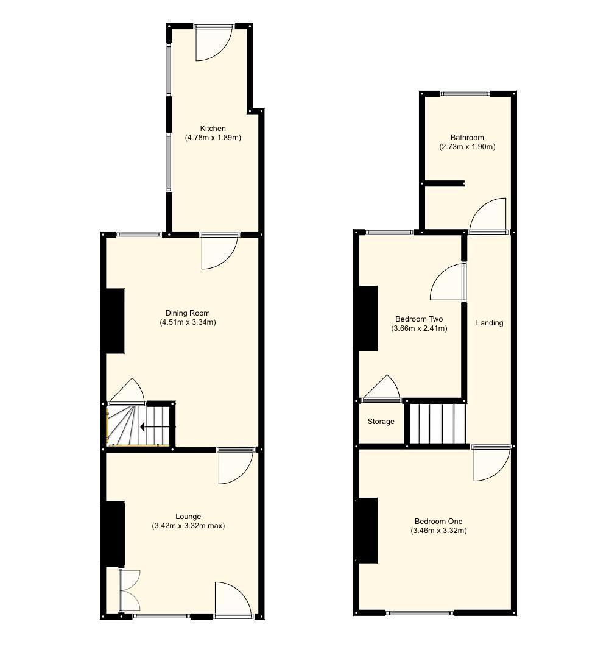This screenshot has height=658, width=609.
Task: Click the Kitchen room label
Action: coord(213,129)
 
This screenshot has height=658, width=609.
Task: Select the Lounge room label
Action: coord(188,517)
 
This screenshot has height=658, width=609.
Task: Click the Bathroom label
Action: coord(467,138)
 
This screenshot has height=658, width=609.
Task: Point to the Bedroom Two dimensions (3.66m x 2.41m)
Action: coord(419,328)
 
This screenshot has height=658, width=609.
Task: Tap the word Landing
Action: coord(490,323)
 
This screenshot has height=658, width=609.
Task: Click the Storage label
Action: coord(381,422)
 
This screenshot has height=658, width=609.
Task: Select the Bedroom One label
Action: coord(438,522)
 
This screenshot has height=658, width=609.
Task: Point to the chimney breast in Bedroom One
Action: coord(367,530)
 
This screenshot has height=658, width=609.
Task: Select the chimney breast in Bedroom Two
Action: coord(367,318)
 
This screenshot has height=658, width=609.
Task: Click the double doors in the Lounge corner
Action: coord(129,590)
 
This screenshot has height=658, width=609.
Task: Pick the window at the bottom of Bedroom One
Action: coord(420,613)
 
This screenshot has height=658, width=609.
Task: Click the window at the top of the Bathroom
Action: coord(465,94)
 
